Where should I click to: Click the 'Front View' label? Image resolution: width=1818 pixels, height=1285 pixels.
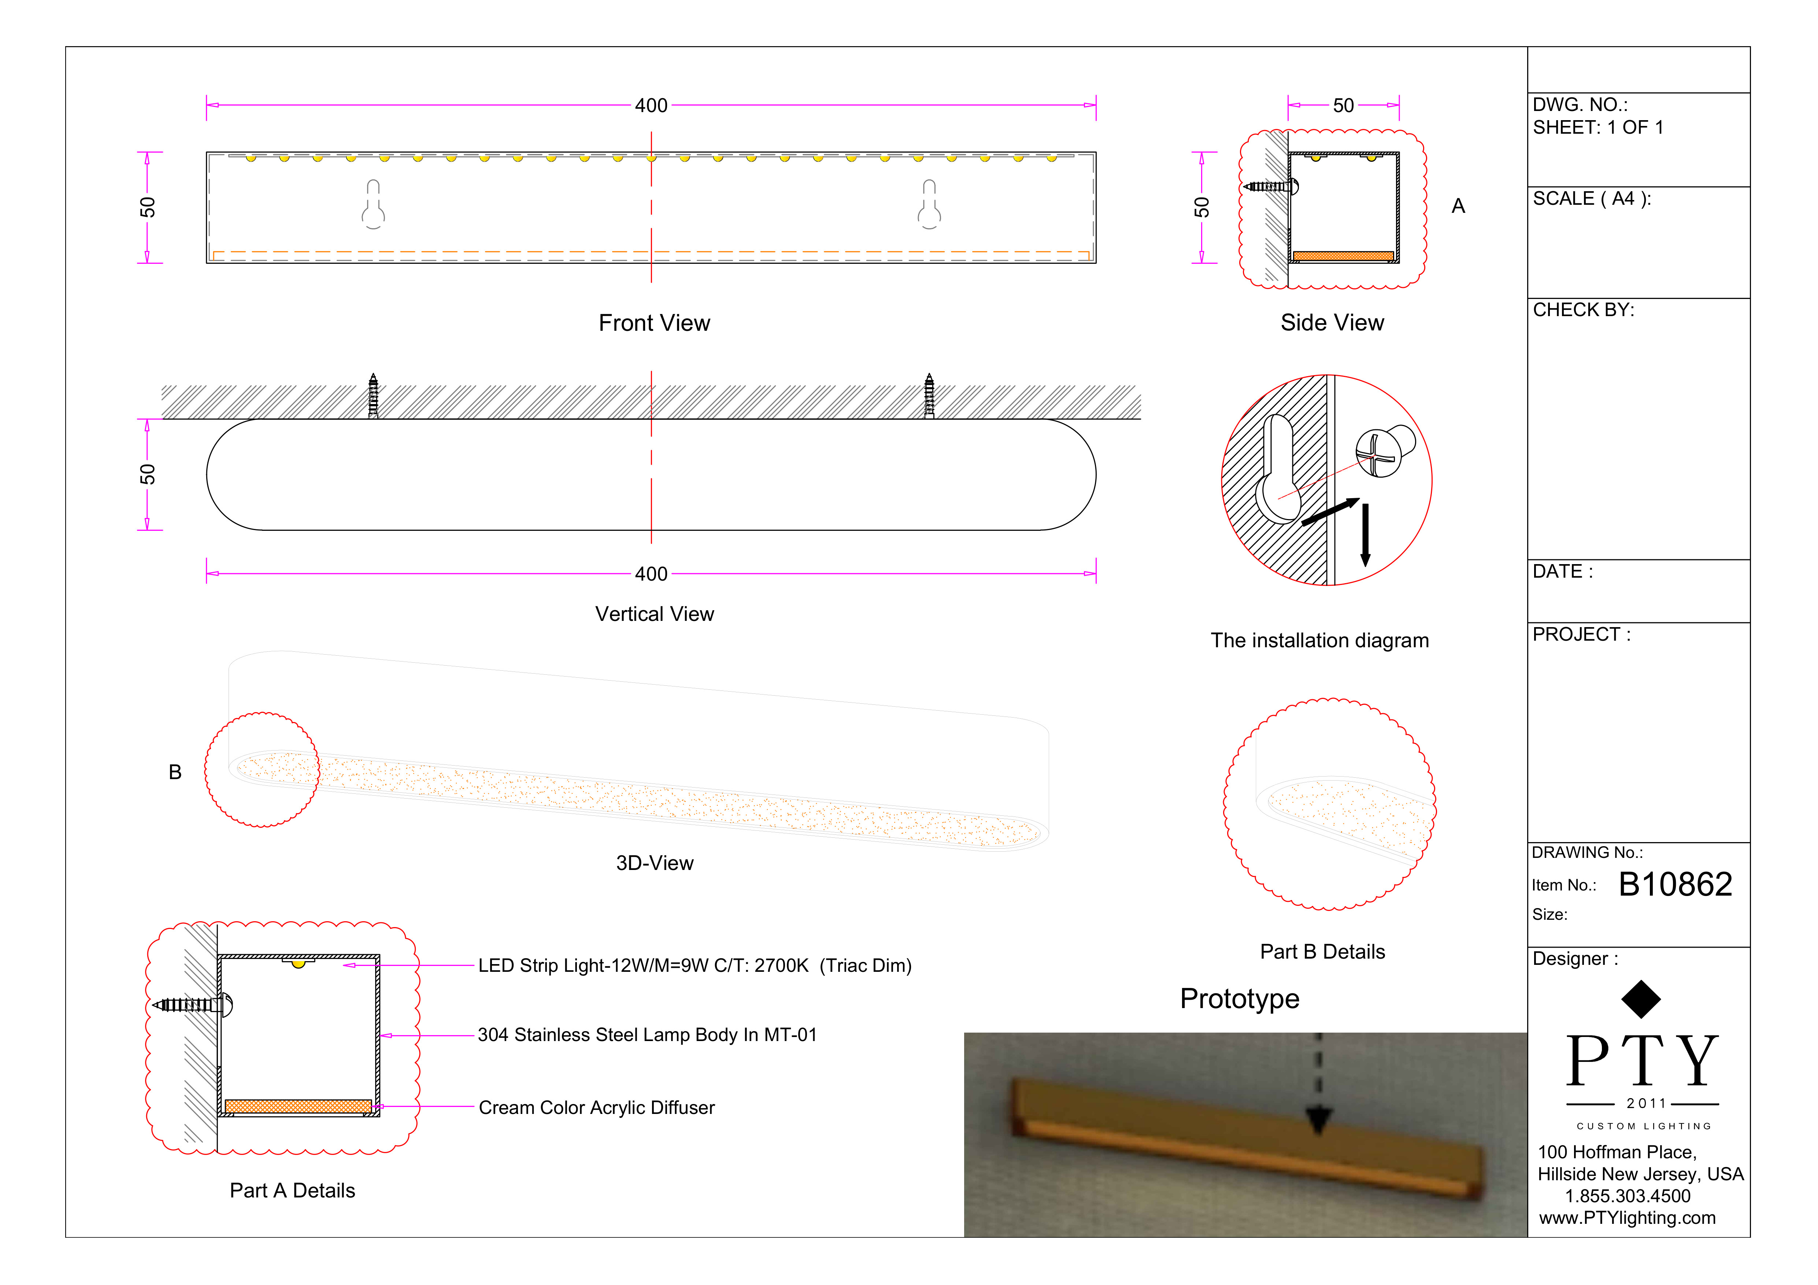[654, 323]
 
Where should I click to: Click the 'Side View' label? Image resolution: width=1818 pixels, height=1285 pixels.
[1332, 323]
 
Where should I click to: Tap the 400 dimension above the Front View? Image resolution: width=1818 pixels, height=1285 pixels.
[651, 105]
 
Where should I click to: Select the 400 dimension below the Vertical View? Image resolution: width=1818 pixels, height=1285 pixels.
[651, 574]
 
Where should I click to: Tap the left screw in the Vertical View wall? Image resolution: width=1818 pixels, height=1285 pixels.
[373, 396]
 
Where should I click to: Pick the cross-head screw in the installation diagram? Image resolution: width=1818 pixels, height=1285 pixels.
[1382, 453]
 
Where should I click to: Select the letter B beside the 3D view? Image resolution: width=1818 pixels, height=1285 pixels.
[175, 772]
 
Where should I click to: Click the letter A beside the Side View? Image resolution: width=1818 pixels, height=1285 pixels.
[1458, 207]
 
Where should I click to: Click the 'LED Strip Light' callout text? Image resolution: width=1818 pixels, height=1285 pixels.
[695, 966]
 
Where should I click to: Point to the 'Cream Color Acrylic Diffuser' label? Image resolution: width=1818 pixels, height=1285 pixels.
[596, 1108]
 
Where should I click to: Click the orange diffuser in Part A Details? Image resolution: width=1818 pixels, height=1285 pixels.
[298, 1106]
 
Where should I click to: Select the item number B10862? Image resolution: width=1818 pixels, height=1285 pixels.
[1675, 884]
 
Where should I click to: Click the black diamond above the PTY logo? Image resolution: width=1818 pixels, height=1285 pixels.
[1641, 999]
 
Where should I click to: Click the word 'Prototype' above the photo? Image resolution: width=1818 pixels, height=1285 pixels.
[1239, 999]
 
